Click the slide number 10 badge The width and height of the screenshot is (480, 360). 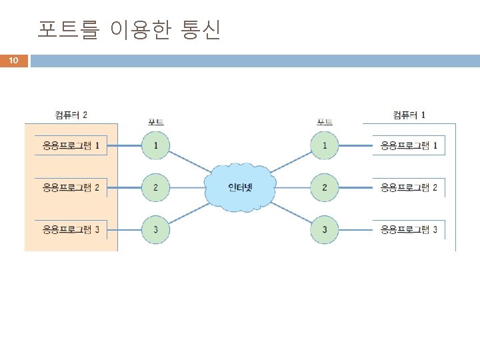[x=13, y=61]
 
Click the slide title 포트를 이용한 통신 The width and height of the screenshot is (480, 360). [x=129, y=30]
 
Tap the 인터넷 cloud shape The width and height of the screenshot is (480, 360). [x=240, y=187]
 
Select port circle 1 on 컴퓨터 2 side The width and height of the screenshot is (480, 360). [x=155, y=145]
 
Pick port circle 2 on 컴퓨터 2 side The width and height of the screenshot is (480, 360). [x=155, y=187]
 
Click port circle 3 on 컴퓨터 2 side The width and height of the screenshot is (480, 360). [x=155, y=230]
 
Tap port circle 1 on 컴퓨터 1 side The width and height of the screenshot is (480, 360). [x=325, y=145]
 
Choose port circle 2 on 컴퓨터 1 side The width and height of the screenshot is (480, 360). [x=325, y=187]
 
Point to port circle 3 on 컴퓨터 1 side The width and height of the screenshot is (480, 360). [x=325, y=230]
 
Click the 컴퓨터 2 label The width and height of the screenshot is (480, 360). [x=71, y=115]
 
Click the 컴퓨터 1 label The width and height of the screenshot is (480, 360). [x=409, y=115]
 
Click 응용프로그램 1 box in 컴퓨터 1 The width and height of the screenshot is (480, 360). [x=409, y=145]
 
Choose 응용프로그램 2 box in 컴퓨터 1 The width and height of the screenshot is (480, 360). [x=409, y=187]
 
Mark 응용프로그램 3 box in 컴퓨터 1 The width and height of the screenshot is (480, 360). [x=409, y=230]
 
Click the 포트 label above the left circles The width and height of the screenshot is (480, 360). [x=155, y=122]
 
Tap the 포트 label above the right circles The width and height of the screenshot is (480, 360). [x=325, y=122]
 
